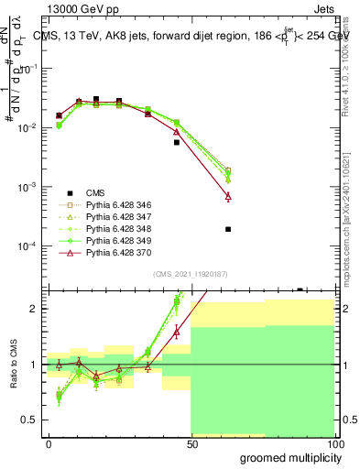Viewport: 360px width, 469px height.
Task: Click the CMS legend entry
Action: point(96,192)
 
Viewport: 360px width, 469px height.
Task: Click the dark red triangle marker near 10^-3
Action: point(227,196)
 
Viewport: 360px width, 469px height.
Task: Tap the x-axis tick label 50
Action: point(191,443)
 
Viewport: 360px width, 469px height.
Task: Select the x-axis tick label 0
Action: point(49,443)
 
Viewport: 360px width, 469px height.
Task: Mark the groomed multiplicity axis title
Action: point(287,457)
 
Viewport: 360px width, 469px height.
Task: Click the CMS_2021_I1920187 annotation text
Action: point(190,274)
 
